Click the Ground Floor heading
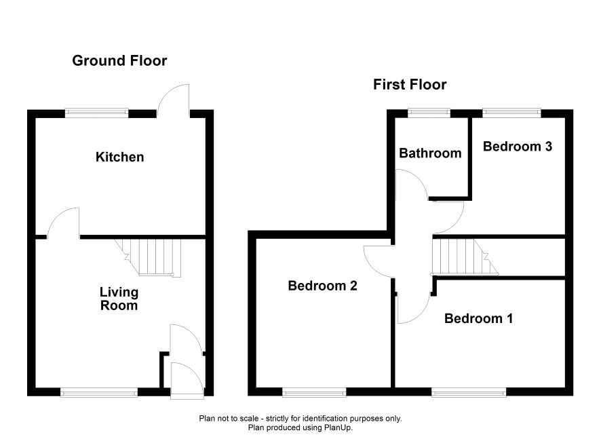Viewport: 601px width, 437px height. (x=119, y=61)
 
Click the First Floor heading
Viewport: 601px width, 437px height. (x=410, y=85)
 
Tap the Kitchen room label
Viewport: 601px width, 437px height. (x=119, y=157)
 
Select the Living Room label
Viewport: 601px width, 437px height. (x=119, y=299)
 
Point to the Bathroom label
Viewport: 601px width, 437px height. (x=430, y=153)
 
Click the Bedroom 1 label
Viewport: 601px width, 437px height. (x=478, y=318)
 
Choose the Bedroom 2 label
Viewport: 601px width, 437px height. (x=322, y=286)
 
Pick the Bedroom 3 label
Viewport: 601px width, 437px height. (x=518, y=146)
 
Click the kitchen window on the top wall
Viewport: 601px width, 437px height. (x=96, y=113)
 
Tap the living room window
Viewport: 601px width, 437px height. (x=99, y=392)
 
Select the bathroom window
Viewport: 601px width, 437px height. (x=429, y=113)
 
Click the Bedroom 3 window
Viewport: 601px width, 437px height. (x=511, y=113)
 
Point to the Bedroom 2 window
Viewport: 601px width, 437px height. (x=314, y=392)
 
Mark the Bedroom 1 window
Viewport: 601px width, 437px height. (x=469, y=392)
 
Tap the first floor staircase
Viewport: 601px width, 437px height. (x=465, y=256)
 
